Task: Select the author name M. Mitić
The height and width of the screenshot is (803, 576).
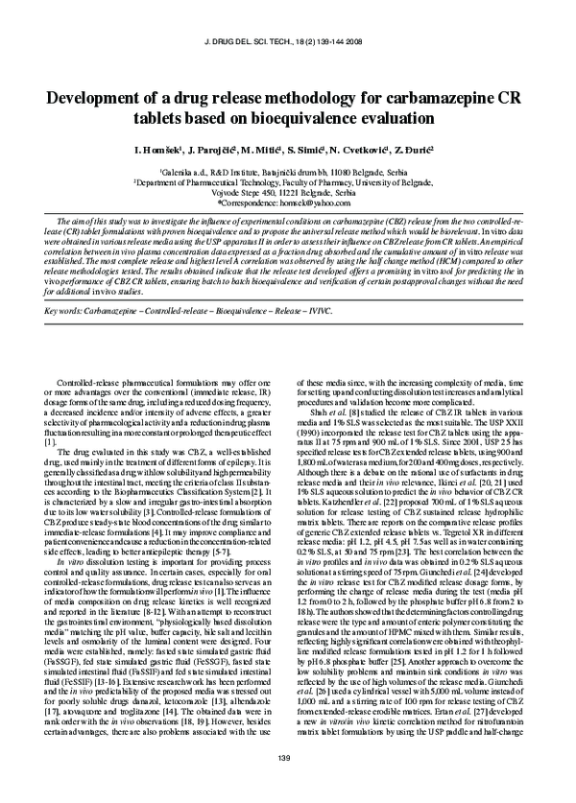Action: click(268, 151)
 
